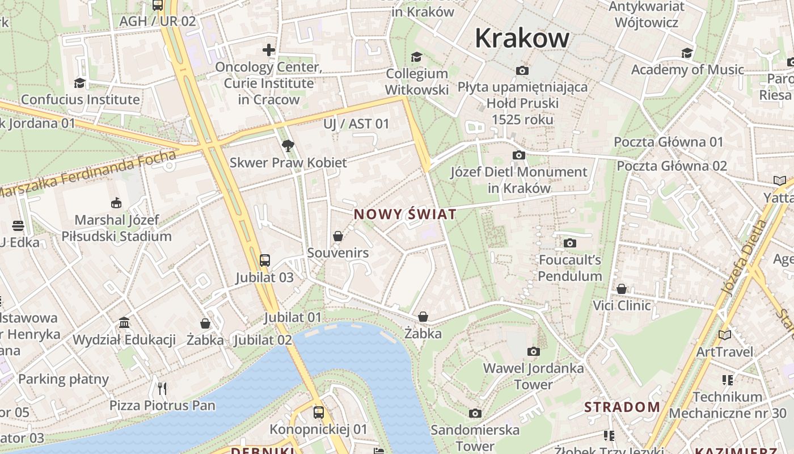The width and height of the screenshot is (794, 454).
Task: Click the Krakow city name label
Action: [522, 39]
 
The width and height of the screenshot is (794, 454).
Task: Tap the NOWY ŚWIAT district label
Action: [405, 215]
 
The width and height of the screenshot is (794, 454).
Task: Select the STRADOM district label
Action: [622, 407]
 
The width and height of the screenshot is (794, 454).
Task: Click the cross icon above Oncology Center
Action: [269, 50]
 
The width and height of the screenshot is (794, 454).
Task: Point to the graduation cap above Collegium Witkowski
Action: [417, 57]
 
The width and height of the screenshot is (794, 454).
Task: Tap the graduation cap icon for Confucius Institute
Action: [79, 83]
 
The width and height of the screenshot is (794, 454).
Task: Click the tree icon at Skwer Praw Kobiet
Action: [288, 146]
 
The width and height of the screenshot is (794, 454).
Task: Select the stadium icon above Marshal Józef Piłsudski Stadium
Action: [116, 203]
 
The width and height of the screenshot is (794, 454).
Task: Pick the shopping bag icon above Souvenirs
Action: [338, 236]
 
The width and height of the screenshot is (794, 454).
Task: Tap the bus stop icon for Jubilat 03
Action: [265, 260]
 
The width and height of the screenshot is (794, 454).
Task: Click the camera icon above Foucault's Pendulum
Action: [570, 243]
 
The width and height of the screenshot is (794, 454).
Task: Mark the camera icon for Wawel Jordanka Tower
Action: [533, 352]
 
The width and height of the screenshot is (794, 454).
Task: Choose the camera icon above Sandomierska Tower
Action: [475, 413]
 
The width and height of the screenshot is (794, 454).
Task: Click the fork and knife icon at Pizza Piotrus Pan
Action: [163, 388]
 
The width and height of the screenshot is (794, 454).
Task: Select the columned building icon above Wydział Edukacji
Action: [124, 323]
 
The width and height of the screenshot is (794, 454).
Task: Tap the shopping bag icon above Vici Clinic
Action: [622, 289]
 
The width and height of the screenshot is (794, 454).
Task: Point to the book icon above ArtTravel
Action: [725, 335]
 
